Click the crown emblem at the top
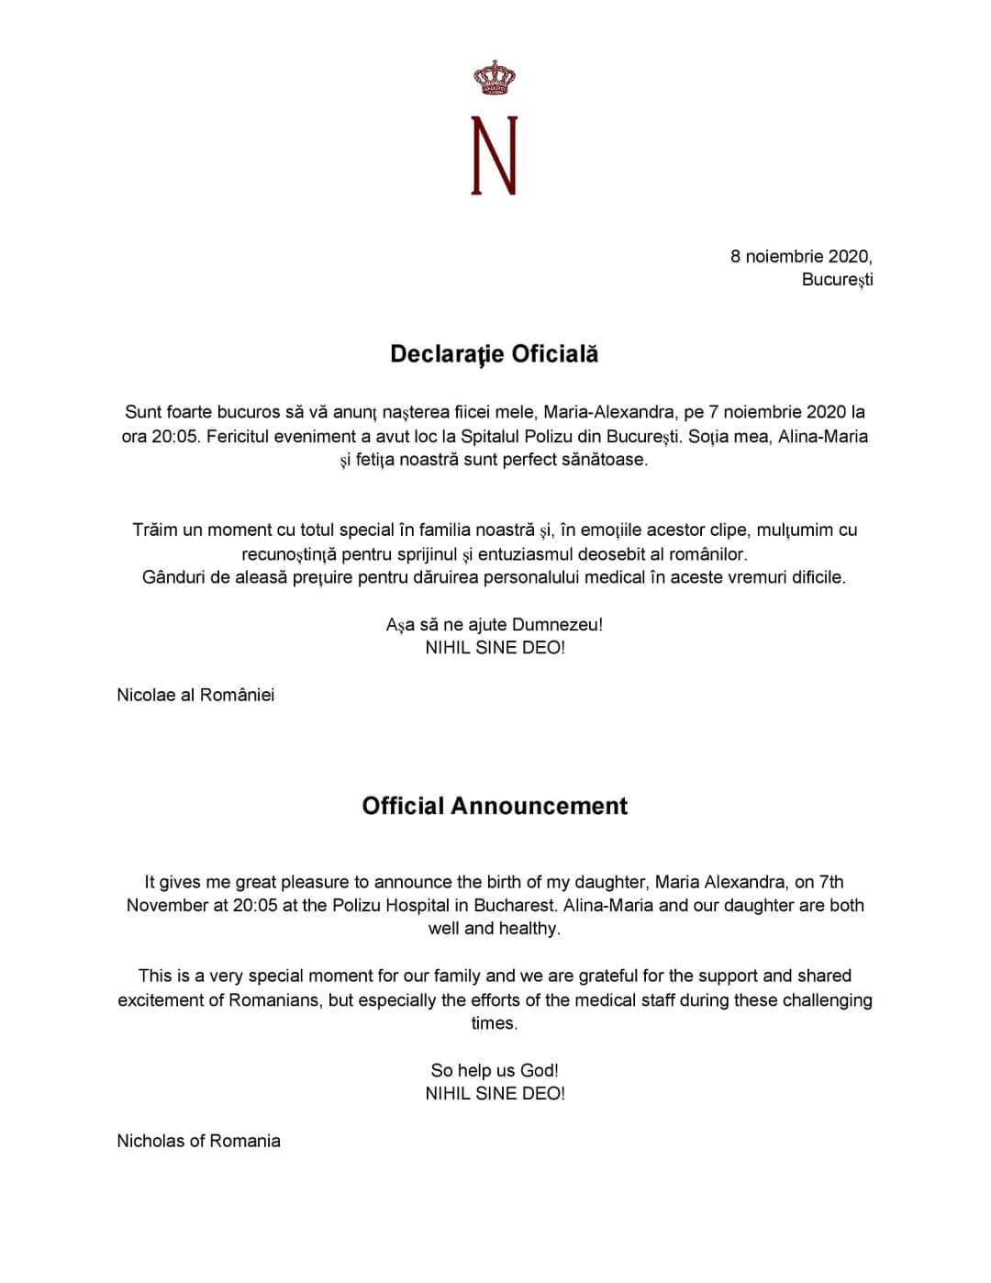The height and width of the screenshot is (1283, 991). coord(495,78)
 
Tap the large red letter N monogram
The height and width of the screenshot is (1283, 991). coord(495,155)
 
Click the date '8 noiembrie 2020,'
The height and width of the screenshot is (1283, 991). coord(801,256)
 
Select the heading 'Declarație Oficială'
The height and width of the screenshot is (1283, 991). coord(495,354)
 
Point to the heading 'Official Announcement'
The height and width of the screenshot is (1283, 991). coord(495,806)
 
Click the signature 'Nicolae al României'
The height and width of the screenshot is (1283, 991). coord(195,695)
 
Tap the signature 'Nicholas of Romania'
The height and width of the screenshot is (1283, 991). coord(198,1141)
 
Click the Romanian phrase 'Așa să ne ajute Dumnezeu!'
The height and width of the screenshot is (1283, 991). coord(495,625)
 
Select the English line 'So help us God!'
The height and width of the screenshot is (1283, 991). coord(495,1070)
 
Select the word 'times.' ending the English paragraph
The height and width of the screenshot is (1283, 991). coord(495,1023)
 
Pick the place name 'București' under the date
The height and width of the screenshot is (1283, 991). coord(837,280)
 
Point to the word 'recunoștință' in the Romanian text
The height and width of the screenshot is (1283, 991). coord(289,554)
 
